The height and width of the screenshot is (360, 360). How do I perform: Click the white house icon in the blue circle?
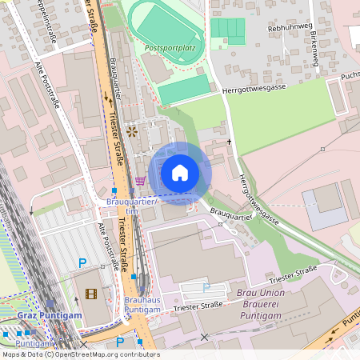coord(180,173)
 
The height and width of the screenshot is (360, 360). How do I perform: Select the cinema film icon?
coord(90,294)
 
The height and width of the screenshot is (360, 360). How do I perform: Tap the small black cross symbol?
coord(230,142)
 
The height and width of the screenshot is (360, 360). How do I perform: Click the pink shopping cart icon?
coord(141,181)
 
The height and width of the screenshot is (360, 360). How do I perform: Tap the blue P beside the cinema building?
coord(82,262)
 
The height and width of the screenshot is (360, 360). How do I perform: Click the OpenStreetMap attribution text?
coord(80,354)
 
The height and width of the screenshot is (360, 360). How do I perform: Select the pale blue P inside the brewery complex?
coord(206,286)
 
